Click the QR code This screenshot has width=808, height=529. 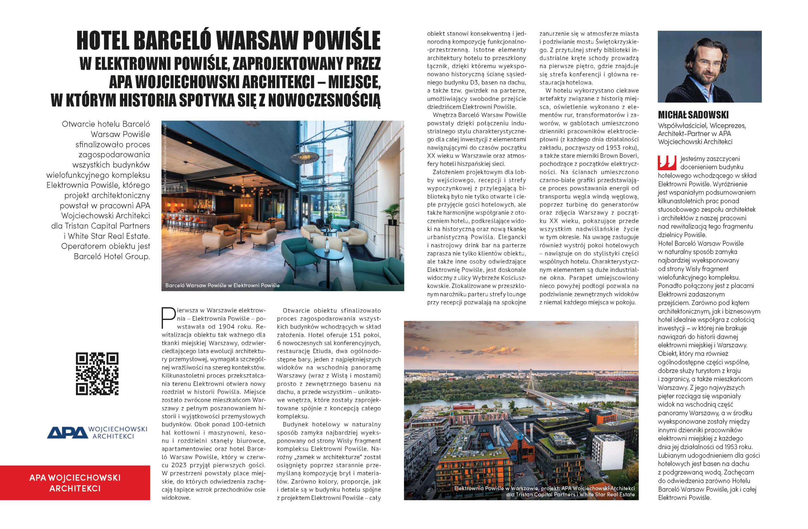point(97,373)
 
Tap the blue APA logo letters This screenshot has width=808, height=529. point(67,432)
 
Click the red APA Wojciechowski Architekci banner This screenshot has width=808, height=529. point(75,483)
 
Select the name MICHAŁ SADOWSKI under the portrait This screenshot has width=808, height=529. point(693,115)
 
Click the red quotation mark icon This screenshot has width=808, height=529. point(667,163)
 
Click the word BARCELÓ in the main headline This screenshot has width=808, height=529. point(173,41)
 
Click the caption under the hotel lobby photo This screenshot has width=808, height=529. point(223,286)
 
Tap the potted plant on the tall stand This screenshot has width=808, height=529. point(392,213)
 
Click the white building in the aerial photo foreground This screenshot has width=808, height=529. point(608,452)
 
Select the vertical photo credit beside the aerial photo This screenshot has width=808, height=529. point(636,339)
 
